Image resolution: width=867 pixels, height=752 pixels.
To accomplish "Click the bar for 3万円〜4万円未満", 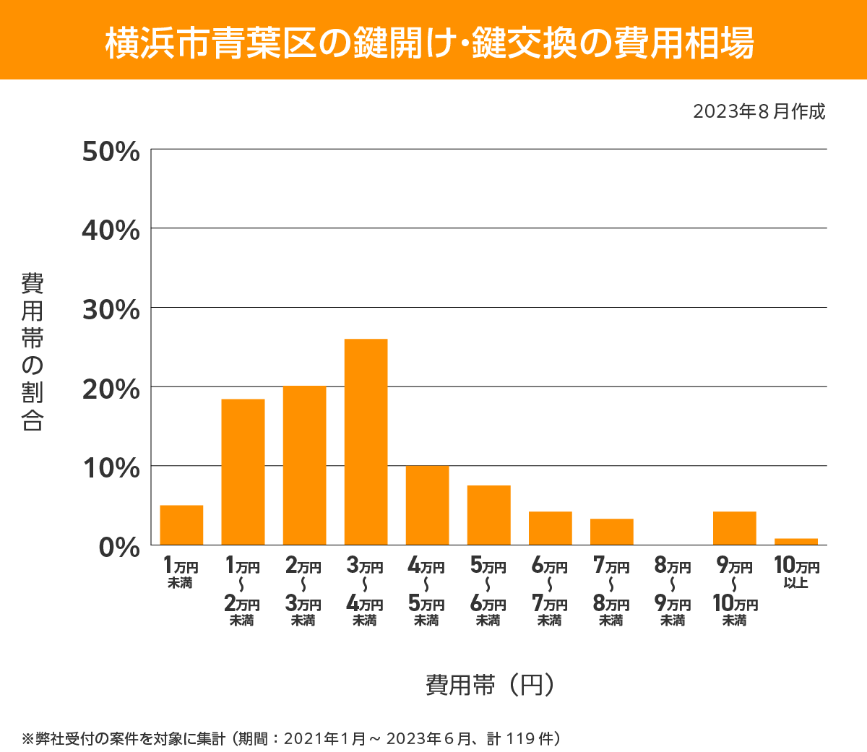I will click(x=366, y=441).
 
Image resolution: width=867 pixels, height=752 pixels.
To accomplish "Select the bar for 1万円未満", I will click(x=181, y=524).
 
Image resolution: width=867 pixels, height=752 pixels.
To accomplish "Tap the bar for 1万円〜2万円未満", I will click(x=243, y=472).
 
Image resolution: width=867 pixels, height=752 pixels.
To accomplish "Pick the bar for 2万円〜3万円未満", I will click(x=304, y=465).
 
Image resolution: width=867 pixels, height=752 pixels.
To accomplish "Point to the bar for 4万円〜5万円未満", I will click(x=427, y=505).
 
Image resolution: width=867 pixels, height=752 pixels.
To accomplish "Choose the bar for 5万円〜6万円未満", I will click(x=488, y=515).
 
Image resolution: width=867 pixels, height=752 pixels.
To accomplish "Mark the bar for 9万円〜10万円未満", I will click(x=734, y=528).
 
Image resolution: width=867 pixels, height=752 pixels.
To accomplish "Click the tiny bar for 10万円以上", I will click(x=795, y=542).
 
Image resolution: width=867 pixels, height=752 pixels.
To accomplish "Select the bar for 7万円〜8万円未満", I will click(x=611, y=532).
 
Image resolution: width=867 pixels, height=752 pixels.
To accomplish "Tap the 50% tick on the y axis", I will click(x=111, y=152).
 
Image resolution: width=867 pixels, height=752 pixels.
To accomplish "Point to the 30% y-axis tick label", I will click(x=111, y=310).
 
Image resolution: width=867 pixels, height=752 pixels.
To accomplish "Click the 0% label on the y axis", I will click(x=118, y=547).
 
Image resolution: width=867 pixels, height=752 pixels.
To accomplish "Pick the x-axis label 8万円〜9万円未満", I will click(x=673, y=592).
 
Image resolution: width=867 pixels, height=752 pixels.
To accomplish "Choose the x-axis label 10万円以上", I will click(x=796, y=572).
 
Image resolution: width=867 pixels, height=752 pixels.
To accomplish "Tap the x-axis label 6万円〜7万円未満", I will click(x=550, y=592).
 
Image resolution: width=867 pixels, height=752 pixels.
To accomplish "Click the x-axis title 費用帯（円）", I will click(x=490, y=684).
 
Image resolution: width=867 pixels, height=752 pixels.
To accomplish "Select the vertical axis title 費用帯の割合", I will click(x=33, y=352).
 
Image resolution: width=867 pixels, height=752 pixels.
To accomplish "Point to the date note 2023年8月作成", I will click(x=759, y=112).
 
